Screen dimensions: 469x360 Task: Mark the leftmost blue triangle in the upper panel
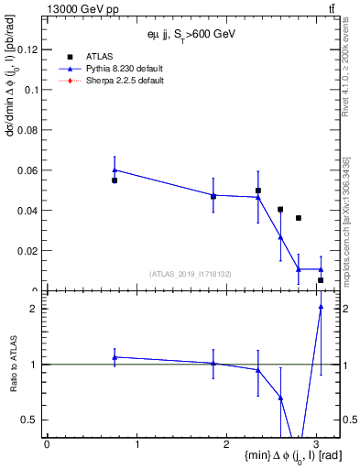pos(115,169)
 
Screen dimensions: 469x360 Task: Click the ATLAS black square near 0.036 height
pos(299,218)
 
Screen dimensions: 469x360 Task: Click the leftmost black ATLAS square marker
pos(115,180)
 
